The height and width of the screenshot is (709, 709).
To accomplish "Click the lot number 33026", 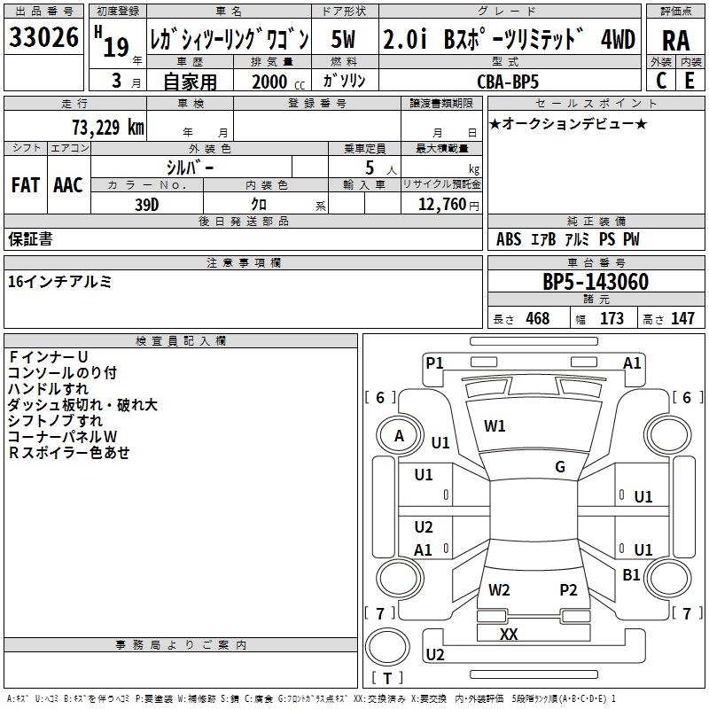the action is point(43,37).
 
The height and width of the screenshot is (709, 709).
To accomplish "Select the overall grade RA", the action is point(676,41).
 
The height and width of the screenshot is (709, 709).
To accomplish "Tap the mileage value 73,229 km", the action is point(108,128).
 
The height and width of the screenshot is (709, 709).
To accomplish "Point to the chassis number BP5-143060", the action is point(596,282).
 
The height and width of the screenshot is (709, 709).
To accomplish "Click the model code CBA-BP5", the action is point(508,82).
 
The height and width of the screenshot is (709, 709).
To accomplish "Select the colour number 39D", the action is point(147,205).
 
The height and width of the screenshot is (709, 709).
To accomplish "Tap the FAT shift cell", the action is point(26,185).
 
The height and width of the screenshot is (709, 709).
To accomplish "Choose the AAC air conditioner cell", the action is point(68,185).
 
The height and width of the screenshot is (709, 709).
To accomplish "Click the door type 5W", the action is point(343,39).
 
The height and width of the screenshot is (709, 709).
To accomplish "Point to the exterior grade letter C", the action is point(661,81).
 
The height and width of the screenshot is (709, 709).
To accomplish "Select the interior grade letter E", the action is point(690,81).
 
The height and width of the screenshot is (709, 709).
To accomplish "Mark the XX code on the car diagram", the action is point(509,635).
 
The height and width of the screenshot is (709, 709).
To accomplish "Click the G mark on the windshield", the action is point(560,467).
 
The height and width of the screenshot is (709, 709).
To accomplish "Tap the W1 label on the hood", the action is point(495,426).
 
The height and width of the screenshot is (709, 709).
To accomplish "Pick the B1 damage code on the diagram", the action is point(631,574).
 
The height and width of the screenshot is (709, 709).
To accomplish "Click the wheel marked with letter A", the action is point(399,436).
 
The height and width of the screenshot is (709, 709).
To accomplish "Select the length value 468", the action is point(538,318).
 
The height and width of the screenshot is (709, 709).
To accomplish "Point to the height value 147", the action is point(682,318).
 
